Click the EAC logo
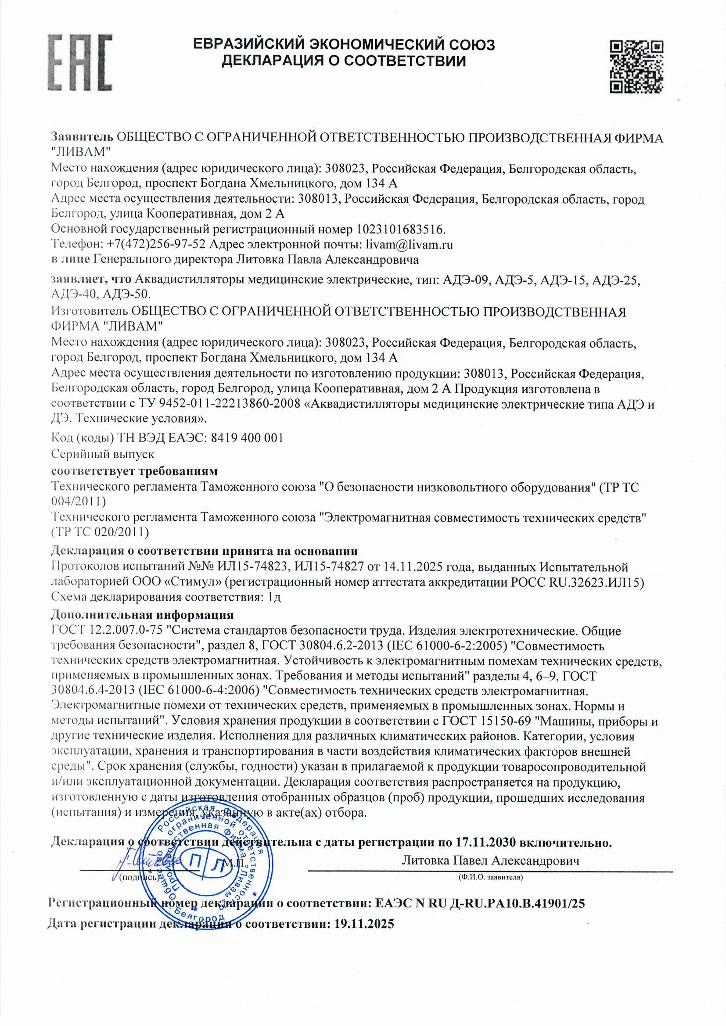[x=80, y=63]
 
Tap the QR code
[x=636, y=67]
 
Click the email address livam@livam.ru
[x=409, y=244]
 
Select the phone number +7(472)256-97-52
[x=156, y=244]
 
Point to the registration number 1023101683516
[x=401, y=229]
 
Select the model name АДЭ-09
[x=466, y=280]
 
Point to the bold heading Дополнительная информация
[x=142, y=614]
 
